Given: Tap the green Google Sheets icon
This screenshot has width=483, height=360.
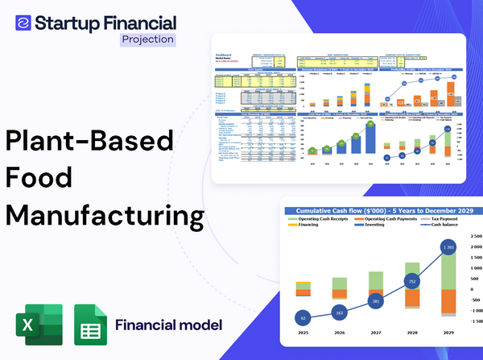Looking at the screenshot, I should point(90,325).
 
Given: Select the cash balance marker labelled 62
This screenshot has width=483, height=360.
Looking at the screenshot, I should point(302,318).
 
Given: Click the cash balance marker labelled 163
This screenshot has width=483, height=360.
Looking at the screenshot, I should point(339,312).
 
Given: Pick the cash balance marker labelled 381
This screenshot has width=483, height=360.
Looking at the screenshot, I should point(375,301).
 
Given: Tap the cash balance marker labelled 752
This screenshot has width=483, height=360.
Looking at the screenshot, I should point(411,282).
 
